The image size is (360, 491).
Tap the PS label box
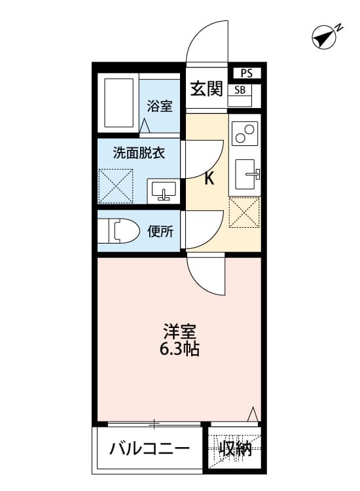click(246, 73)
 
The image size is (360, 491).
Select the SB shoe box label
click(240, 90)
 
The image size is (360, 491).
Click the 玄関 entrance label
click(206, 89)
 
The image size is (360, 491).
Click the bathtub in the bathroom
click(118, 103)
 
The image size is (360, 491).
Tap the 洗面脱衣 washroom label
click(138, 154)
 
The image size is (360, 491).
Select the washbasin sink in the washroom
click(163, 190)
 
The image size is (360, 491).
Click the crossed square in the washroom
click(115, 186)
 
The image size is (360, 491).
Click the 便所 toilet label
click(160, 231)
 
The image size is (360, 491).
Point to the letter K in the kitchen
click(209, 179)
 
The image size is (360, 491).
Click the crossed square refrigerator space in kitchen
click(244, 212)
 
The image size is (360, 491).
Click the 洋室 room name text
click(179, 331)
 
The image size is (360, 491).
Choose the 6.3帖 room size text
click(179, 349)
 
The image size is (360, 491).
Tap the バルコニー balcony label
click(150, 449)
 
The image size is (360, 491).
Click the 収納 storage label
click(236, 449)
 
